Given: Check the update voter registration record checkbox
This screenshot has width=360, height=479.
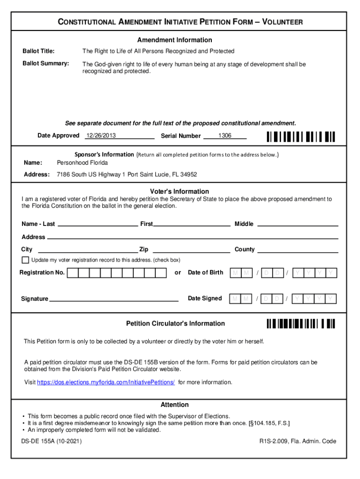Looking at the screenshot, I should pos(25,260).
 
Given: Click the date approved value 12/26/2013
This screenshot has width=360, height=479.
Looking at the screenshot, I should pos(101,136).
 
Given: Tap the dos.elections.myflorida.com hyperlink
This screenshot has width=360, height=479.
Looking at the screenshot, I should pos(106,383).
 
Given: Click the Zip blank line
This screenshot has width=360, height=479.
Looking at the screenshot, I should pos(191,249).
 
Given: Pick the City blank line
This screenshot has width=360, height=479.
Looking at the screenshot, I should pos(87,249).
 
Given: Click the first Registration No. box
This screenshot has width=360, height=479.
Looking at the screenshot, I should pos(73,273).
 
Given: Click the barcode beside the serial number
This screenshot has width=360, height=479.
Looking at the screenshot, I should pos(301,137).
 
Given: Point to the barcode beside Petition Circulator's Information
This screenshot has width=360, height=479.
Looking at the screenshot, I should pos(301,324).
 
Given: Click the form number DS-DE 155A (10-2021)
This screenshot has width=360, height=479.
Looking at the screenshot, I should pos(51,441).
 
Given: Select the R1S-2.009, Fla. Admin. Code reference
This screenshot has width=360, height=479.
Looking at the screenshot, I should pos(298,441).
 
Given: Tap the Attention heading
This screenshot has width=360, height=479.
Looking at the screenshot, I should pos(174,405).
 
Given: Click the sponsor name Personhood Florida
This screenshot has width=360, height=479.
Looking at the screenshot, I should pos(82,163).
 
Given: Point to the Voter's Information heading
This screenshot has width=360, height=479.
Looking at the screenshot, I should pos(180,191).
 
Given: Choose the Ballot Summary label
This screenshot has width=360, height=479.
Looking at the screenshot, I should pos(46,63).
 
